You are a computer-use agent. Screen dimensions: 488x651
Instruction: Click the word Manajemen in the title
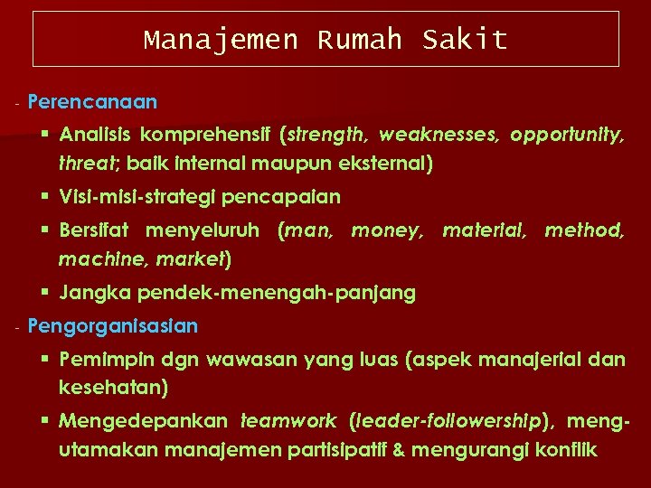(221, 40)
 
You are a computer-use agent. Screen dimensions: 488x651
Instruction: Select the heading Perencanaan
(92, 101)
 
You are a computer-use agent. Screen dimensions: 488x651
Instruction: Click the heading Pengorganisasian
(113, 325)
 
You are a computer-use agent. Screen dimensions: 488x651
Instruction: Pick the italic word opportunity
(566, 135)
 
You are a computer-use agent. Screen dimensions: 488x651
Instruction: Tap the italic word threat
(84, 164)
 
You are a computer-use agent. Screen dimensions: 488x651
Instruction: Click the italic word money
(386, 231)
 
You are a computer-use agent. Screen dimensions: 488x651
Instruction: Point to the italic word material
(484, 231)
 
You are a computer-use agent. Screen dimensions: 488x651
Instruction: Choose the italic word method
(584, 231)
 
